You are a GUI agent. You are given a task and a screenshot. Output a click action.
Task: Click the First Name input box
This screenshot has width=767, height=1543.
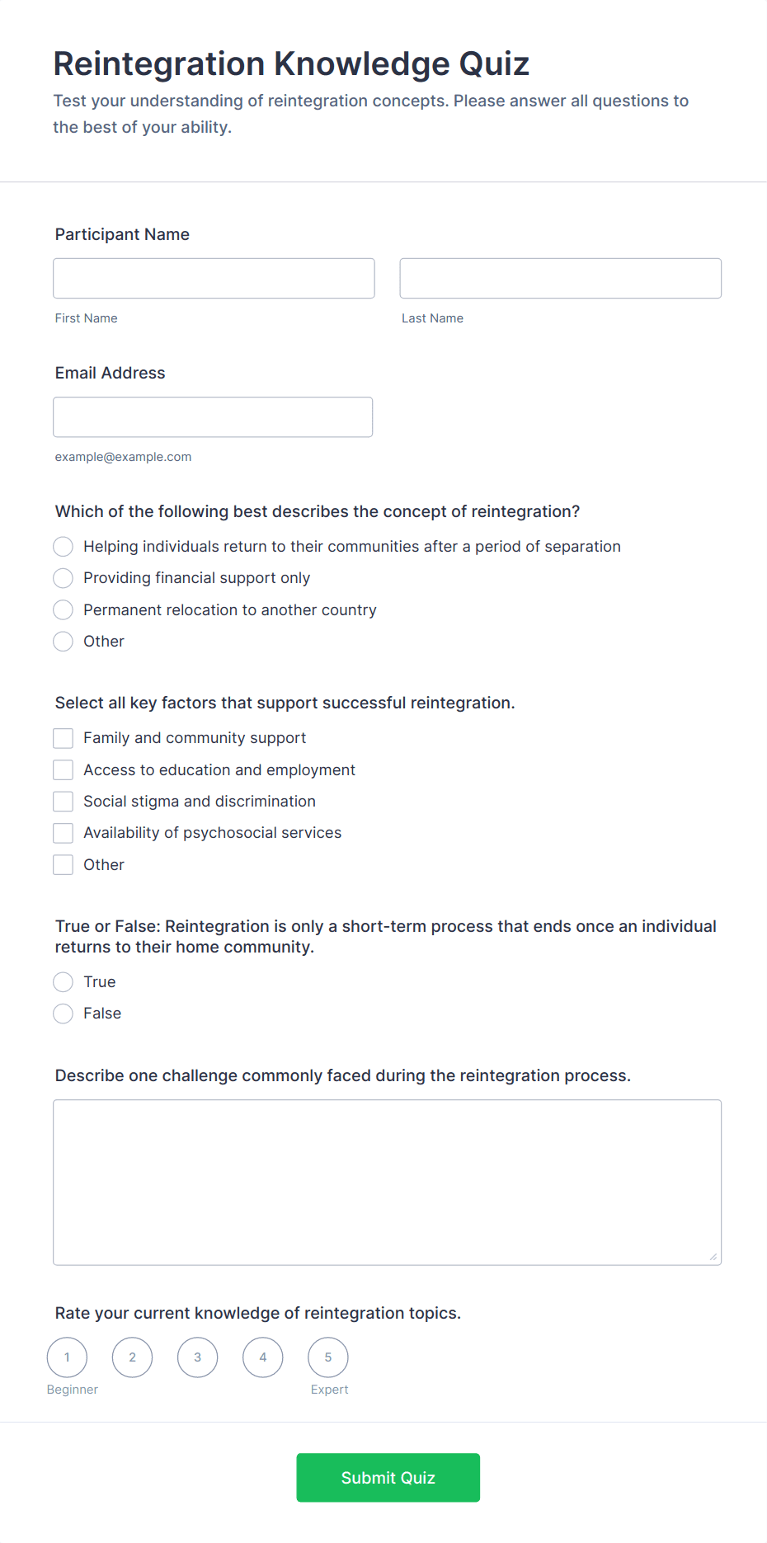(214, 278)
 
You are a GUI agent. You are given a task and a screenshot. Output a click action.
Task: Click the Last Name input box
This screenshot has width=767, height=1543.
(560, 278)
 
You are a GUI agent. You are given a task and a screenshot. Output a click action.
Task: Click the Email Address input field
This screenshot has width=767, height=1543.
(213, 416)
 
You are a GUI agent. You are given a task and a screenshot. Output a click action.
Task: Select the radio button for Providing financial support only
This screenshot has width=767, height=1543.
(64, 578)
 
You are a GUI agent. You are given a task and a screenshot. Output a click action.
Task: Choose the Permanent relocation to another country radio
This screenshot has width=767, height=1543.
(64, 609)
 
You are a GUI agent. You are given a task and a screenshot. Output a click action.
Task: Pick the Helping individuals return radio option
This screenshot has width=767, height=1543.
(64, 547)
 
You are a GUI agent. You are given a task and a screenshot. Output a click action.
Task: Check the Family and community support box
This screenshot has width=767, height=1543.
(64, 738)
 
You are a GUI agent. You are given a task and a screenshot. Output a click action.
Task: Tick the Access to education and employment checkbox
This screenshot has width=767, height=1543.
(64, 769)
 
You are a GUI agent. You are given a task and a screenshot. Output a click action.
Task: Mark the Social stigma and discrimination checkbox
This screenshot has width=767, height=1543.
(64, 802)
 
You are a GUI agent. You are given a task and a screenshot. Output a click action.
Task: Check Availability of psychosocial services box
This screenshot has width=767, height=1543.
(64, 833)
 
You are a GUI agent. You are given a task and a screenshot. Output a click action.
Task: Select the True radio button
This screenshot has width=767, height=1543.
(64, 981)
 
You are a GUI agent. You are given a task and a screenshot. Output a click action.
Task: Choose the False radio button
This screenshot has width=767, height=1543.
(64, 1014)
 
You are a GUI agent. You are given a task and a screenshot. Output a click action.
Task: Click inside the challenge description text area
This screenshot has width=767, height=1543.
(387, 1182)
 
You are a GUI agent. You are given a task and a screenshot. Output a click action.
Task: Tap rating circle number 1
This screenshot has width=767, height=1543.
(67, 1357)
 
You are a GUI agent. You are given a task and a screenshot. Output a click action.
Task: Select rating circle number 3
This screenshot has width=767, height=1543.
(197, 1357)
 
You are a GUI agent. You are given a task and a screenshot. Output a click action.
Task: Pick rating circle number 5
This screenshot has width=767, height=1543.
(328, 1357)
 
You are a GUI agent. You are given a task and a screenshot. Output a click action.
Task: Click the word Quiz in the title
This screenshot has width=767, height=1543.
(494, 64)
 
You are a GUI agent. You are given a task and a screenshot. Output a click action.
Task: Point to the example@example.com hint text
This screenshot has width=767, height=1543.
(123, 457)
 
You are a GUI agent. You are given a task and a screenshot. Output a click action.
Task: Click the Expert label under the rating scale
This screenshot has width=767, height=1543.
(329, 1390)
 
